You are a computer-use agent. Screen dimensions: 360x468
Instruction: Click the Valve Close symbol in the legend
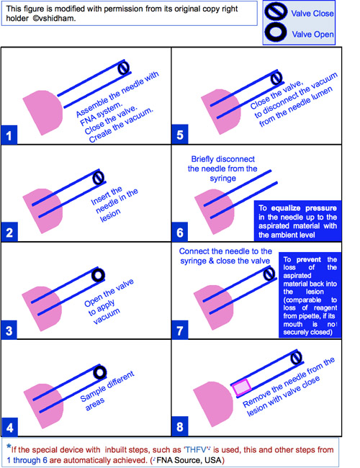[276, 12]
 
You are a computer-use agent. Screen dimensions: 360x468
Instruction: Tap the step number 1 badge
[9, 135]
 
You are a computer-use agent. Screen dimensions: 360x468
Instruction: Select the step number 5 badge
[180, 135]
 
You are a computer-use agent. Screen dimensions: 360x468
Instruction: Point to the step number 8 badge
[180, 426]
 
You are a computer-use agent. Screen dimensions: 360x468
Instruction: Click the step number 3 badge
[9, 330]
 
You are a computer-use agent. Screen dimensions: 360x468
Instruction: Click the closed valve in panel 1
[124, 68]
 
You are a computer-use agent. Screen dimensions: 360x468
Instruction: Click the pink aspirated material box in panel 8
[242, 387]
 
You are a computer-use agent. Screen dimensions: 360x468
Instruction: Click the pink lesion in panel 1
[43, 112]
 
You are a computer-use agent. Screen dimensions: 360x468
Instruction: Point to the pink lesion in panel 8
[213, 404]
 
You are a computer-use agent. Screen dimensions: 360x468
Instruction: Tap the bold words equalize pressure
[304, 208]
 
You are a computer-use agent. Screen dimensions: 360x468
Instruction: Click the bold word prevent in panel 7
[309, 259]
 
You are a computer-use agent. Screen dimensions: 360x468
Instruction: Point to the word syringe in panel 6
[222, 179]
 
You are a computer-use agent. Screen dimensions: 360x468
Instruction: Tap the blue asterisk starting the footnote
[9, 447]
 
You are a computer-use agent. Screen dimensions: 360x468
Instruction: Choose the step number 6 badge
[180, 233]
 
